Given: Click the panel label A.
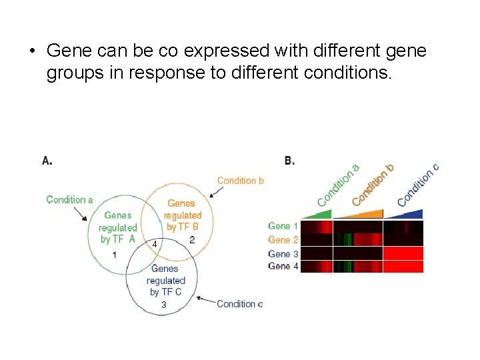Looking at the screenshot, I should pos(47,160).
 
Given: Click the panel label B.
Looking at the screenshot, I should pos(289,160).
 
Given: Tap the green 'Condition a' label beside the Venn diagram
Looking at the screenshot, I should pos(69,199).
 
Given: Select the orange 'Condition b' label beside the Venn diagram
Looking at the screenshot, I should pos(240,180).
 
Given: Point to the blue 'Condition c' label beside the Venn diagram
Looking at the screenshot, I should pos(239,304).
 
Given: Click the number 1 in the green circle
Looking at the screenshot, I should pos(114,255).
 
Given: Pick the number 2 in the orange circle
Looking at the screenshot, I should pos(191,240).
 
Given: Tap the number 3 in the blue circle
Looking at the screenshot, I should pos(163,305).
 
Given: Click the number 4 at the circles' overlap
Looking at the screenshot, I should pos(155,244).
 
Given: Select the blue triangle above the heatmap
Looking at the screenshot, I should pos(407,214).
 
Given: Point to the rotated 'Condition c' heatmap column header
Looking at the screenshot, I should pos(418,185).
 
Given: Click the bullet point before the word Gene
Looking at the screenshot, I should pos(31,51).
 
